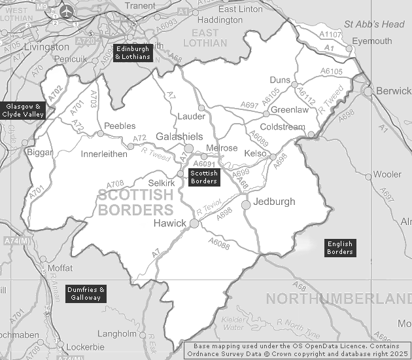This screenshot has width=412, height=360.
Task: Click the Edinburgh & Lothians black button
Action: point(133,53)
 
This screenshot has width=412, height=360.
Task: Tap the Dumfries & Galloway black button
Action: point(86,293)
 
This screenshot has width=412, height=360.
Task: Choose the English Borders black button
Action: point(340,248)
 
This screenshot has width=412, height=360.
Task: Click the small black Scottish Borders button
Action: point(203,177)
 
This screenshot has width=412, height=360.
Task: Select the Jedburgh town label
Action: point(274,201)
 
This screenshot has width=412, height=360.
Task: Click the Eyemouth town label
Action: point(371,41)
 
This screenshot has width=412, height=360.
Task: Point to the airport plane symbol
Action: point(67,11)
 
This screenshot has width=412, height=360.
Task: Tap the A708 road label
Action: point(115,185)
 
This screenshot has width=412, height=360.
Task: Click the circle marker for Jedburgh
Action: point(246,206)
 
